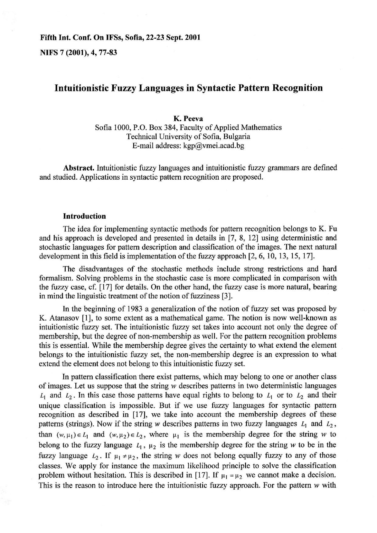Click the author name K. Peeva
click(x=188, y=118)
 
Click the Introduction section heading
click(x=85, y=216)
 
